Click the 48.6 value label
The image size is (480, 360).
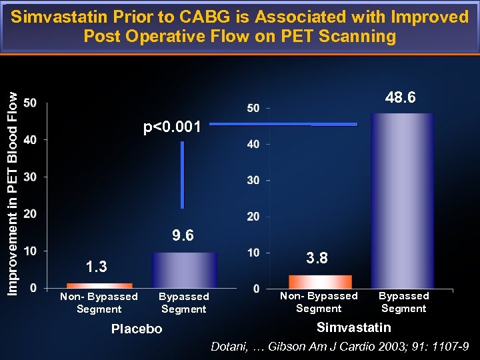pos(401,98)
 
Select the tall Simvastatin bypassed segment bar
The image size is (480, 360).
pos(402,200)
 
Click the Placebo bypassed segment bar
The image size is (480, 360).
pos(184,270)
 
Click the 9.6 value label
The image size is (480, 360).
pos(183,236)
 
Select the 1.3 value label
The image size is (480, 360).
pos(97,267)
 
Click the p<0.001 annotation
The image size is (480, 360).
pos(172,127)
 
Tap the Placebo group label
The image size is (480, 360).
pos(137,329)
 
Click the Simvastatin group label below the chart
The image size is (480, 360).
pos(353,327)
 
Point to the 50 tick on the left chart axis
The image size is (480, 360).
pos(30,103)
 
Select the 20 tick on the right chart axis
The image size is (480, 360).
pos(253,217)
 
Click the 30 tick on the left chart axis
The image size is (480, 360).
pos(30,177)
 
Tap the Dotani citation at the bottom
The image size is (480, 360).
pos(340,347)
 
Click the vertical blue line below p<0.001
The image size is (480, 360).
pos(182,175)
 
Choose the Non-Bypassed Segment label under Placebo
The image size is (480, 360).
pos(99,303)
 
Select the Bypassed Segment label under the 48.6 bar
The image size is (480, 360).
pos(403,302)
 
